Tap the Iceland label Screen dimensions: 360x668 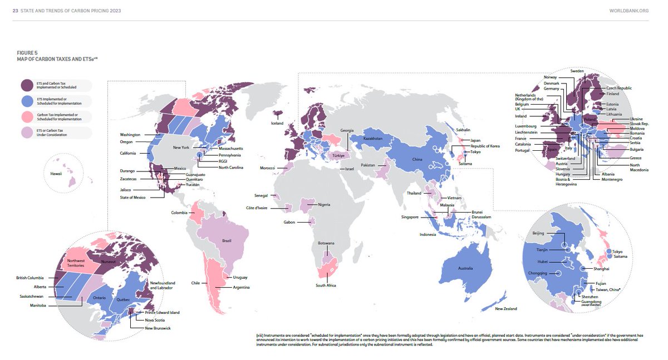277,123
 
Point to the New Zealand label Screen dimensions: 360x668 507,308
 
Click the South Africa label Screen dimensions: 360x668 326,285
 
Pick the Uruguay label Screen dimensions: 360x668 240,277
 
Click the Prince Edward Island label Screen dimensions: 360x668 162,312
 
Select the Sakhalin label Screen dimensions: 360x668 463,129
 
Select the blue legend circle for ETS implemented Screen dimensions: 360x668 27,101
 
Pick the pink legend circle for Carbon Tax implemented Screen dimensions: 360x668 27,117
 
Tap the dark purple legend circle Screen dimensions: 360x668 27,85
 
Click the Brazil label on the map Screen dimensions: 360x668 227,240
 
